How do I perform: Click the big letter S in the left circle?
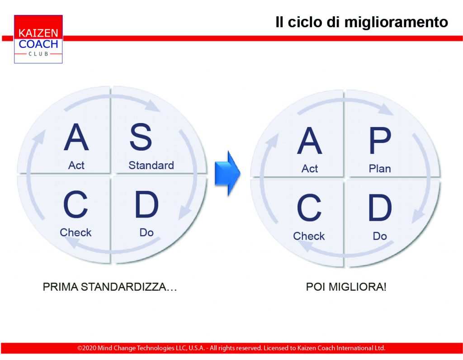coord(141,137)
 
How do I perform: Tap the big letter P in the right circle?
coord(380,141)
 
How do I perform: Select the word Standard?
coord(151,166)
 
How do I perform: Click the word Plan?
coord(380,169)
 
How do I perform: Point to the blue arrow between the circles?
coord(227,173)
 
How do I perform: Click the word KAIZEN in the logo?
coord(38,33)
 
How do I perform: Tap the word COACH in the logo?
coord(38,44)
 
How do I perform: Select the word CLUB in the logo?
coord(38,54)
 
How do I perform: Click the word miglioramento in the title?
coord(396,23)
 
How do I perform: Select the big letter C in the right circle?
coord(309,208)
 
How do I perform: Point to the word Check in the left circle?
coord(76,232)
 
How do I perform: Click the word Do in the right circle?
coord(380,236)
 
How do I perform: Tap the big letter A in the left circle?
coord(76,137)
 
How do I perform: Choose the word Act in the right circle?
coord(310,169)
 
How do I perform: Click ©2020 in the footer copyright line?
coord(87,348)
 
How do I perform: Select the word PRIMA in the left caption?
coord(60,287)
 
